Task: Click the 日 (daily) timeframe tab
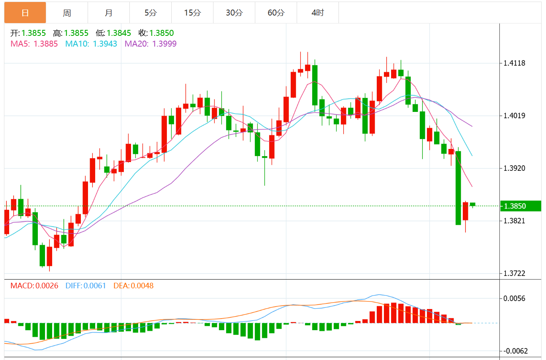pyautogui.click(x=25, y=13)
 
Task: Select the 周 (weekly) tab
pyautogui.click(x=67, y=13)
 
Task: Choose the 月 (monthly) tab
pyautogui.click(x=109, y=13)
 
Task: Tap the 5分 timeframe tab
pyautogui.click(x=151, y=13)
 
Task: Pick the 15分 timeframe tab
pyautogui.click(x=192, y=13)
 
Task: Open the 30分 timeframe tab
pyautogui.click(x=234, y=13)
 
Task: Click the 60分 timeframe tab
pyautogui.click(x=276, y=13)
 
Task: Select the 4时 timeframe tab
pyautogui.click(x=318, y=13)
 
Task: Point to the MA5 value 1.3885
pyautogui.click(x=46, y=44)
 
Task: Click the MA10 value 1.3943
pyautogui.click(x=105, y=44)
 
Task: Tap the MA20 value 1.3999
pyautogui.click(x=164, y=44)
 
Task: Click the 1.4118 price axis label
pyautogui.click(x=515, y=63)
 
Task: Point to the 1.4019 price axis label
pyautogui.click(x=515, y=116)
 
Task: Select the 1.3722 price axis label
pyautogui.click(x=515, y=274)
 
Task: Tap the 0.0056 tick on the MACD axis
pyautogui.click(x=515, y=299)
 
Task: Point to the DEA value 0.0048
pyautogui.click(x=142, y=286)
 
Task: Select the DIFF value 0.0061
pyautogui.click(x=94, y=286)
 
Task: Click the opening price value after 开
pyautogui.click(x=33, y=33)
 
